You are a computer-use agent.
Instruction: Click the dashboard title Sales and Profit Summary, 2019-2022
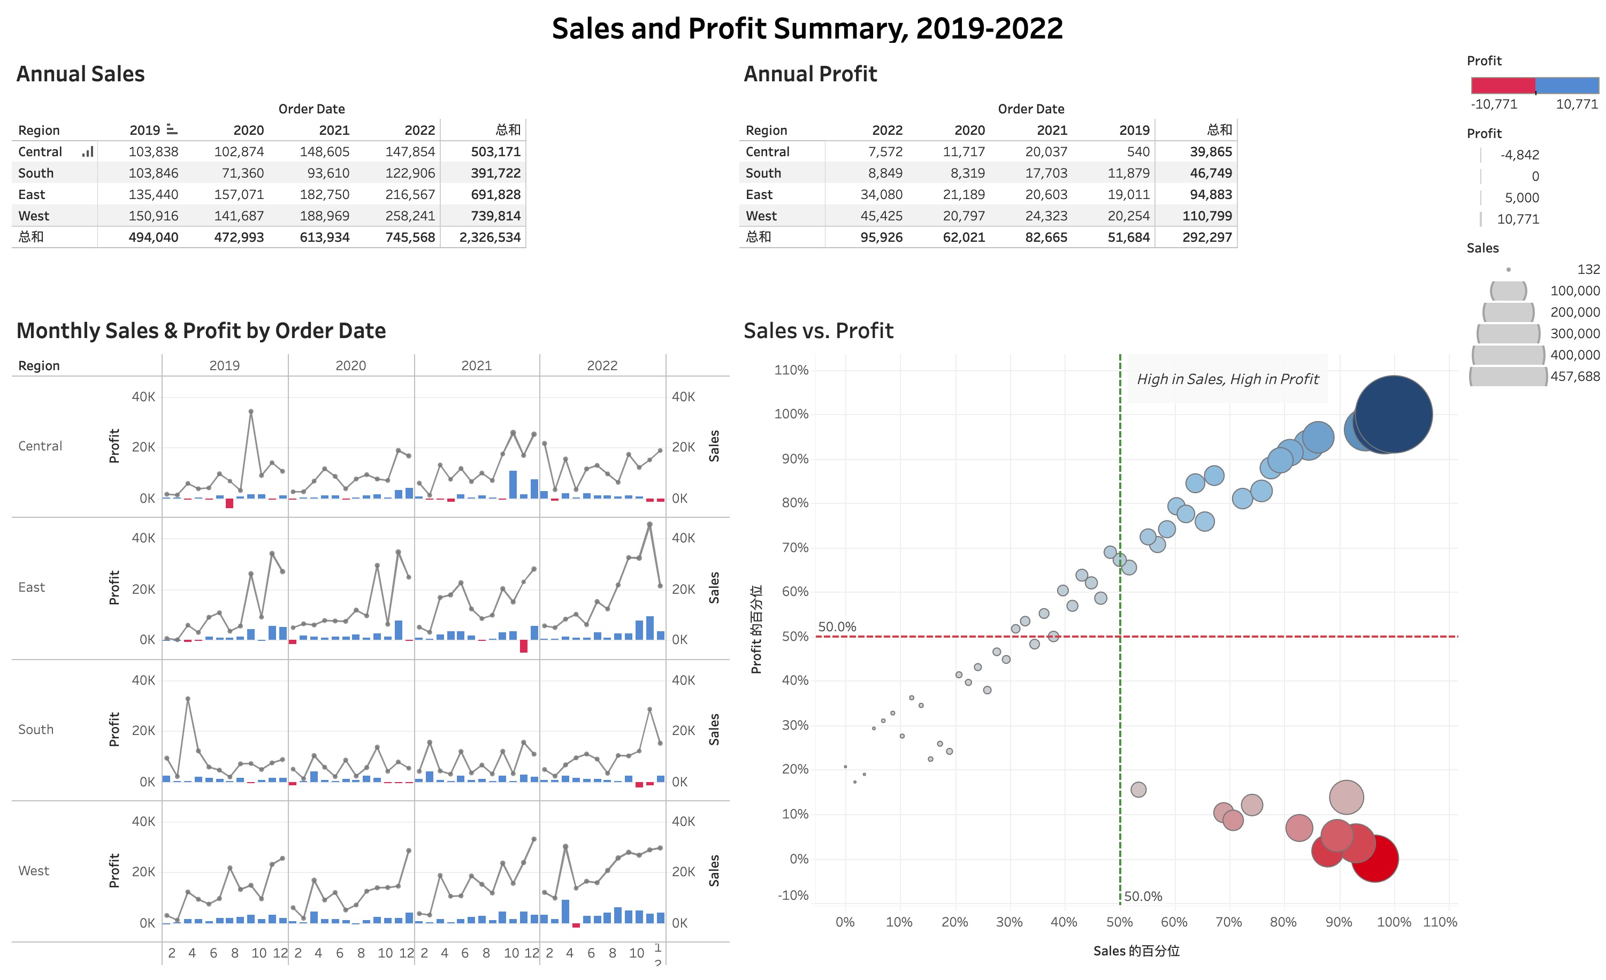pos(807,29)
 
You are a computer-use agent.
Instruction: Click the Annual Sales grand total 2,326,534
pos(490,237)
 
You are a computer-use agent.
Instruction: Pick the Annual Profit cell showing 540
pos(1138,152)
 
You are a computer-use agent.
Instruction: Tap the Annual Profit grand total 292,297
pos(1207,237)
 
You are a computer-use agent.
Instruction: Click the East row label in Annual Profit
pos(759,195)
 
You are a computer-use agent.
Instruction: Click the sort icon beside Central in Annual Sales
pos(87,152)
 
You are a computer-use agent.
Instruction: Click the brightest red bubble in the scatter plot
pos(1374,859)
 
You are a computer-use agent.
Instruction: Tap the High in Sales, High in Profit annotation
pos(1227,379)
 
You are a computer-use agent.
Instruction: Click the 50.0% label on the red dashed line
pos(837,627)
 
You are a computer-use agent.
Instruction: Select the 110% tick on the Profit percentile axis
pos(791,370)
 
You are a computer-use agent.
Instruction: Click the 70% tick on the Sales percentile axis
pos(1229,922)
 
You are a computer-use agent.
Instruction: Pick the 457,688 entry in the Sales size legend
pos(1575,377)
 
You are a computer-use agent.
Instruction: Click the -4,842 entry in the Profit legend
pos(1519,155)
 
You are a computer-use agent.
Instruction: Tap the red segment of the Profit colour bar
pos(1502,86)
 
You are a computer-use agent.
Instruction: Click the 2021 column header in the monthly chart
pos(477,365)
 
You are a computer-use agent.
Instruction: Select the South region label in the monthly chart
pos(36,730)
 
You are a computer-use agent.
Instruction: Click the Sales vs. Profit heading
pos(818,331)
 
